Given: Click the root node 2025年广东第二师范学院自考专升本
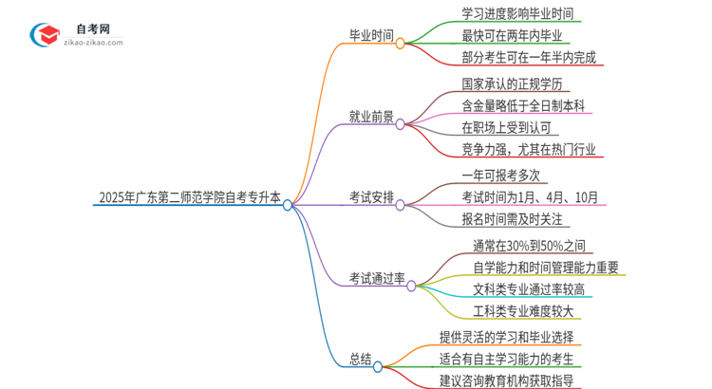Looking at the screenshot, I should point(189,199).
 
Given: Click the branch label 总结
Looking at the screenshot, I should point(360,359).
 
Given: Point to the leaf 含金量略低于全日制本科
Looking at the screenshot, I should point(524,105).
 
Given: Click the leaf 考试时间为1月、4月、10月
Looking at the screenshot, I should point(530,197).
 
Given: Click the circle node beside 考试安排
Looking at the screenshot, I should point(400,203).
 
